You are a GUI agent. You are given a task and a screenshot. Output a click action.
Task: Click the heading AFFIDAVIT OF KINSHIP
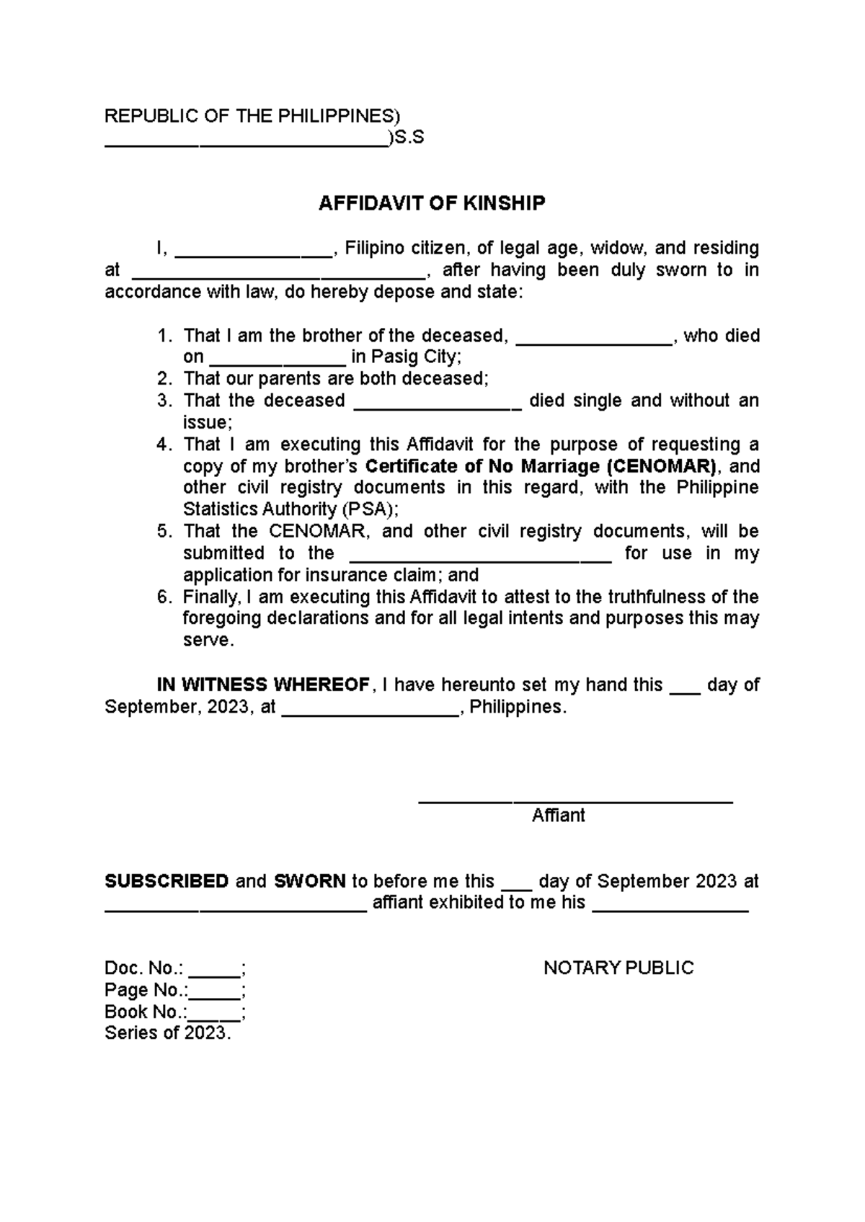(x=432, y=204)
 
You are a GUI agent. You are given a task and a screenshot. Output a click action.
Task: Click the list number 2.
(x=164, y=379)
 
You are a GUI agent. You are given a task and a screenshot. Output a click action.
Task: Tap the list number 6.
(x=164, y=597)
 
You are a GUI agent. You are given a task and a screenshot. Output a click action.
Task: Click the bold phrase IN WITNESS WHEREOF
(x=262, y=684)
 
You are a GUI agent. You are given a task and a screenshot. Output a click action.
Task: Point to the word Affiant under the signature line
(x=558, y=816)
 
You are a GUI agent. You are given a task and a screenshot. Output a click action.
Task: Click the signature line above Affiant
(x=575, y=800)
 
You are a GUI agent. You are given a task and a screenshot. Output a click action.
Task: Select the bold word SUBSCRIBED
(x=167, y=881)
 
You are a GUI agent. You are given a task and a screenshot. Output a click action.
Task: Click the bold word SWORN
(x=310, y=881)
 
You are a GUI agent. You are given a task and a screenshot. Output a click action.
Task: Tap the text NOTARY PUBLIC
(x=618, y=968)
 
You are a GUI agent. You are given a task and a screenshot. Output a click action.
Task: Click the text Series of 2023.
(x=168, y=1033)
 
